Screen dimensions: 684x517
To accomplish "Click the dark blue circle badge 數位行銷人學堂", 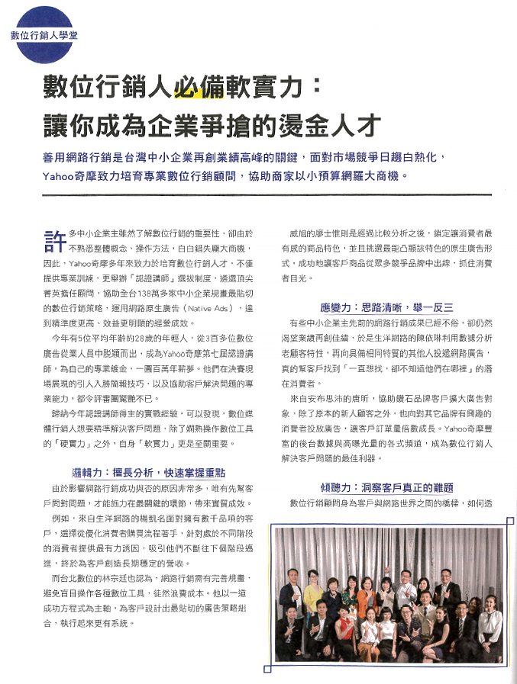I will (35, 34).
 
